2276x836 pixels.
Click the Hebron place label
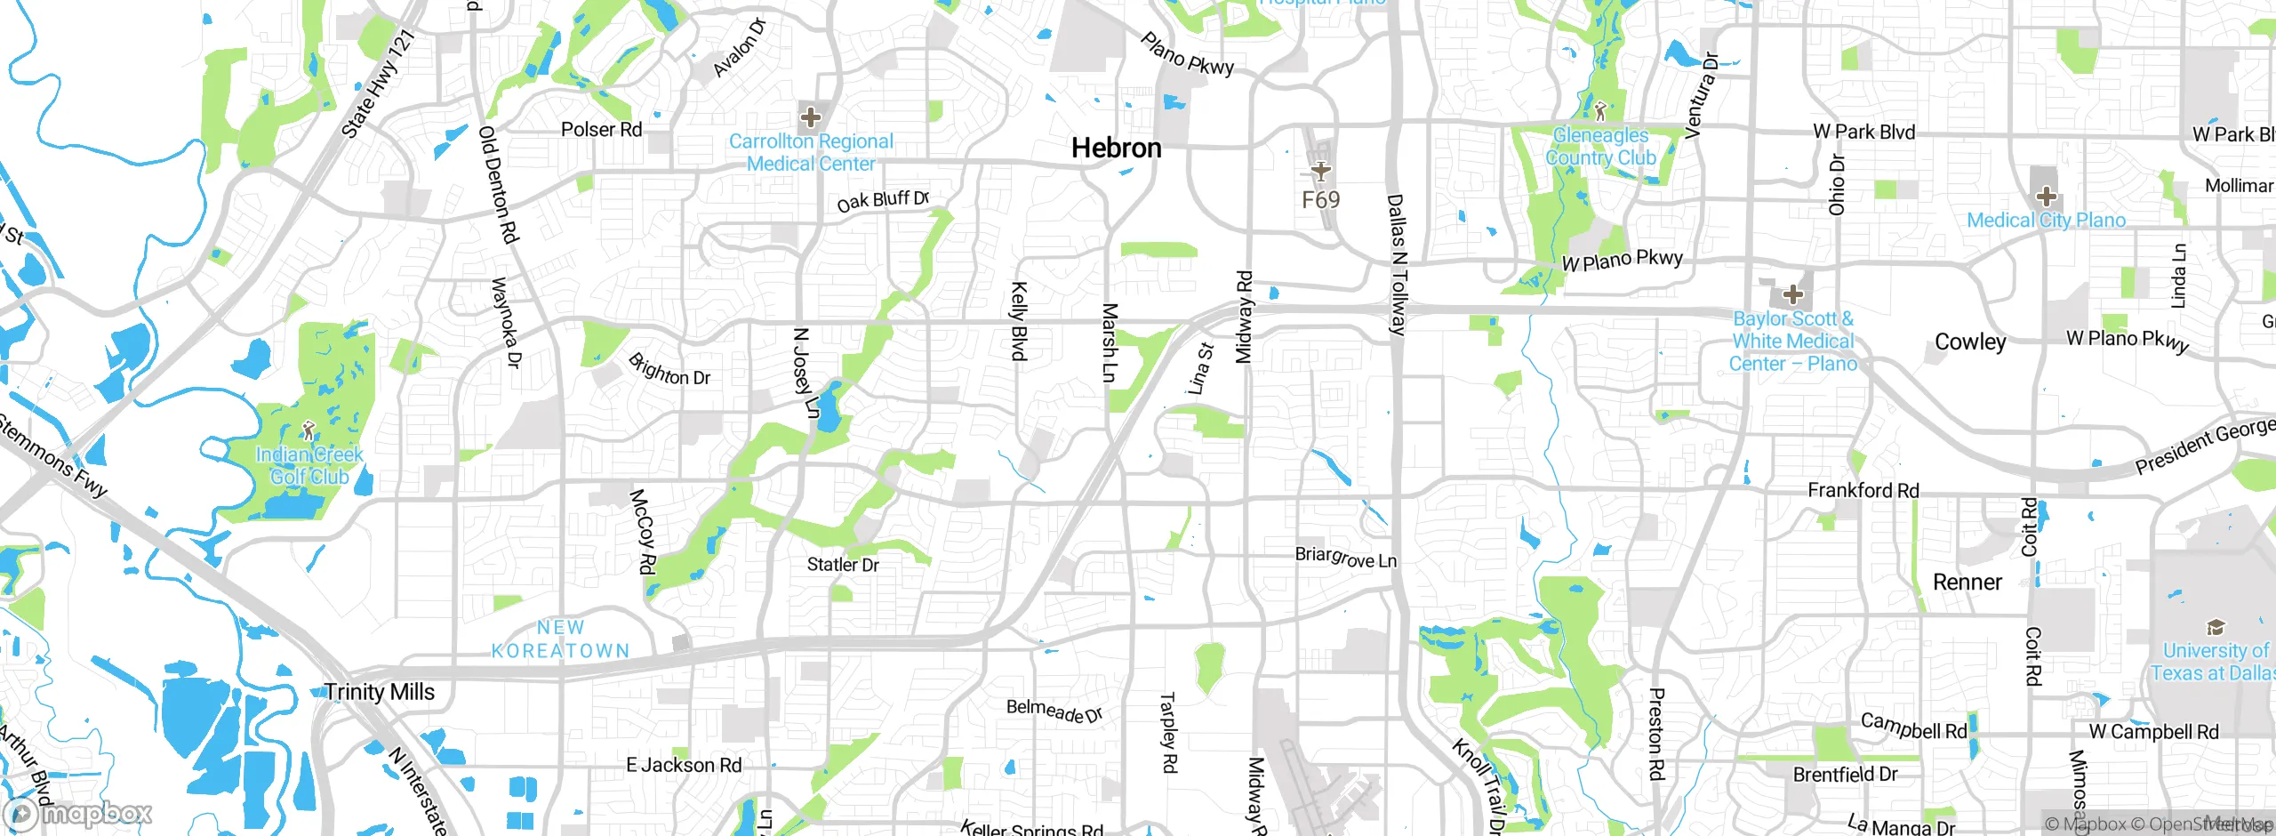point(1116,148)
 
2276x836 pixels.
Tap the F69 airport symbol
point(1321,170)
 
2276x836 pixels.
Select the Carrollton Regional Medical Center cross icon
point(810,117)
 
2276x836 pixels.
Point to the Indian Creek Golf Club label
point(309,465)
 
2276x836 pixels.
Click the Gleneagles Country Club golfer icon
point(1600,111)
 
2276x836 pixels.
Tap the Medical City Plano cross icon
point(2046,197)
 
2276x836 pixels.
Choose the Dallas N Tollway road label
point(1397,265)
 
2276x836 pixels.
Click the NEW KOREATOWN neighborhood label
point(560,639)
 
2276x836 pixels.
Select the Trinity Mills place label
point(379,692)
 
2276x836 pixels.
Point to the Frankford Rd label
point(1863,490)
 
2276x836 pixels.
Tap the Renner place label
point(1967,583)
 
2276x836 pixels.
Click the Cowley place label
point(1970,342)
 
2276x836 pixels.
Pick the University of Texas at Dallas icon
point(2216,627)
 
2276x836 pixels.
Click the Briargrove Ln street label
point(1345,558)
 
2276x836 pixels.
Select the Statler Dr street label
point(842,565)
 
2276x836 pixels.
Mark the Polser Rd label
point(601,130)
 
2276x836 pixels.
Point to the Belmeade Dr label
point(1054,711)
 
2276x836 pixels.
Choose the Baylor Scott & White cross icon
point(1792,294)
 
